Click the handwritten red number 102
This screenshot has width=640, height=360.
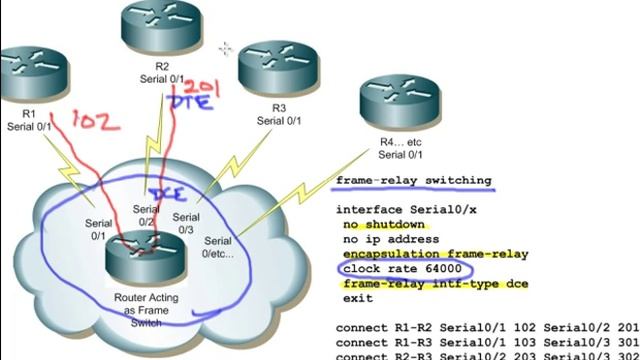coord(97,122)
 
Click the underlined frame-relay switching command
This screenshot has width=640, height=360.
coord(413,181)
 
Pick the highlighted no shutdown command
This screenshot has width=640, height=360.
coord(383,225)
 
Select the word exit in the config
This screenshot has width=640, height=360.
coord(357,298)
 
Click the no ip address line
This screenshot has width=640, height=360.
coord(391,240)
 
